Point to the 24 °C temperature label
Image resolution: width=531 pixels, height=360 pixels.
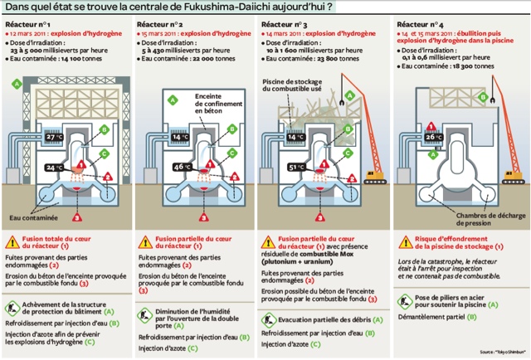pos(53,168)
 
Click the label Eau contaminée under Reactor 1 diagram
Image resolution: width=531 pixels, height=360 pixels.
pos(35,219)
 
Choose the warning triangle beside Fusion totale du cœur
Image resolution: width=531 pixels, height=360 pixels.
pos(12,242)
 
